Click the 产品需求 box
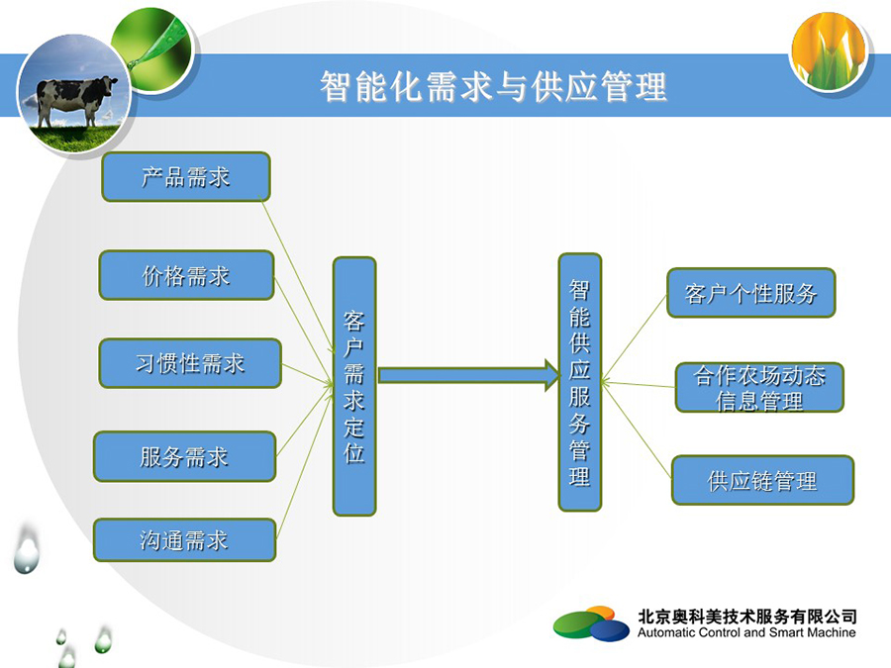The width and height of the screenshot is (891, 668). (x=186, y=177)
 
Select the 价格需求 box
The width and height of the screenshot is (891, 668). (x=186, y=275)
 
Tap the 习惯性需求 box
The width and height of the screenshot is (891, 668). (x=190, y=363)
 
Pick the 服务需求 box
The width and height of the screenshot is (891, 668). (x=185, y=456)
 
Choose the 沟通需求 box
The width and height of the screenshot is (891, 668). (x=185, y=539)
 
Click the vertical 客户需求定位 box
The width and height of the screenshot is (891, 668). (x=354, y=386)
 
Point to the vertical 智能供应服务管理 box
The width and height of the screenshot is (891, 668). (x=579, y=382)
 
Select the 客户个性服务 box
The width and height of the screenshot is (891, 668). (x=750, y=293)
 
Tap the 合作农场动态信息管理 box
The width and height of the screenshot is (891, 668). (x=759, y=387)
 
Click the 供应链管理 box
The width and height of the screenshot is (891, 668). (x=762, y=481)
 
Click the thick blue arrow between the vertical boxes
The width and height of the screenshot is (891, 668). (x=469, y=375)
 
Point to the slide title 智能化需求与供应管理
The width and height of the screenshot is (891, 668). (x=493, y=86)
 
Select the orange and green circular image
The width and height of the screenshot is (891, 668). (x=829, y=51)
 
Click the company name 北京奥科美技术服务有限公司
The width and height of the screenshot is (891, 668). (x=747, y=617)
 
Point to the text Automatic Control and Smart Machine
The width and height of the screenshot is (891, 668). (x=746, y=632)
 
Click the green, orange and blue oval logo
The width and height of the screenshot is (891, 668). (x=592, y=623)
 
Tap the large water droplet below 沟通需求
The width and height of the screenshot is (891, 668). (x=26, y=550)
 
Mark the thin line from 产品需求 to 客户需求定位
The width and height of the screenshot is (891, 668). (x=298, y=275)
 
